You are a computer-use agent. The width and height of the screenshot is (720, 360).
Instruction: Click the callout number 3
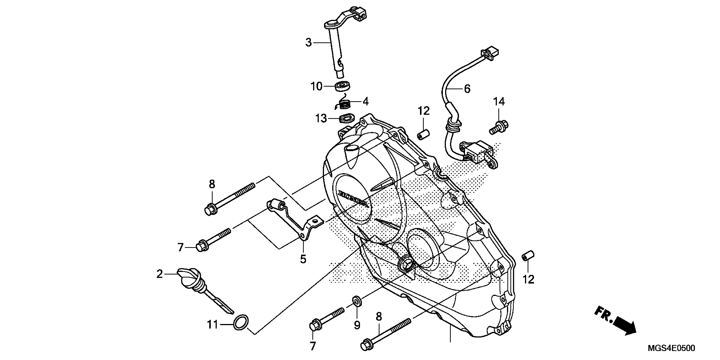click(x=308, y=43)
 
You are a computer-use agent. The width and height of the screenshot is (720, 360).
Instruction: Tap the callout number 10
click(x=316, y=87)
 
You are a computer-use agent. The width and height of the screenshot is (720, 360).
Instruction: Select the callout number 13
click(x=321, y=119)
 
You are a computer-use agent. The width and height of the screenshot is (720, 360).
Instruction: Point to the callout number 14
click(x=499, y=101)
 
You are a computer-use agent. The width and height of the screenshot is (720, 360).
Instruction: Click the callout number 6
click(x=467, y=89)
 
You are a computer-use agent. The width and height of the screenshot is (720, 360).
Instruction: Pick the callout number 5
click(x=303, y=259)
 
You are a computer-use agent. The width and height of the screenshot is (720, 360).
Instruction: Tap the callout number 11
click(x=212, y=325)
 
